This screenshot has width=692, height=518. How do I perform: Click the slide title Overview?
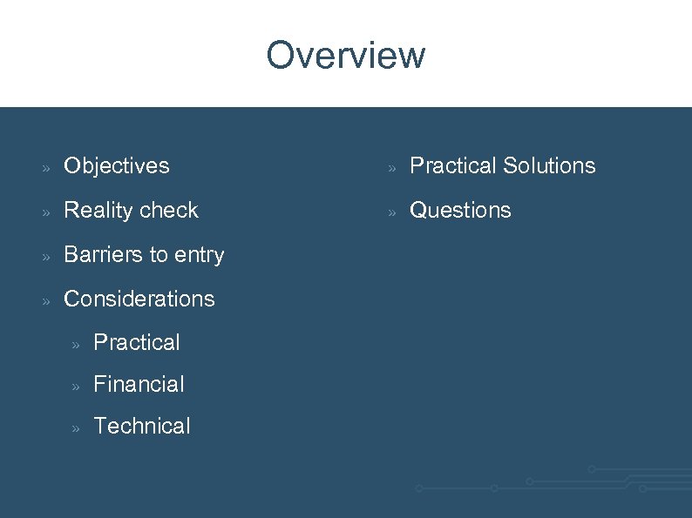[x=346, y=55]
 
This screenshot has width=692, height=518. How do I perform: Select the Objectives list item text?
[x=117, y=165]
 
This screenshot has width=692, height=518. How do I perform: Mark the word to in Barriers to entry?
[x=158, y=254]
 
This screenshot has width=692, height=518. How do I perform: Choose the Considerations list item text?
[x=139, y=299]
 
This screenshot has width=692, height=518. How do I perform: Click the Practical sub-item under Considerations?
[x=137, y=342]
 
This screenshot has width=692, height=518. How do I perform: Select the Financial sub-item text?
[x=139, y=384]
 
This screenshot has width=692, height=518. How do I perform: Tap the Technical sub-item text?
[x=141, y=426]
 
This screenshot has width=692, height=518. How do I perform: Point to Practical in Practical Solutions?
[x=452, y=165]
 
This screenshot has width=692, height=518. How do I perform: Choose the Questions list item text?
[x=460, y=210]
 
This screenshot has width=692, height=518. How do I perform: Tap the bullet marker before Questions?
[x=392, y=212]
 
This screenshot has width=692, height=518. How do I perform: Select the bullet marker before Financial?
[x=76, y=386]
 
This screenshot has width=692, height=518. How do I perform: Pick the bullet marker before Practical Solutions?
[x=392, y=167]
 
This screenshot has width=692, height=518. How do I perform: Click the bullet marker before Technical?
[x=76, y=427]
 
